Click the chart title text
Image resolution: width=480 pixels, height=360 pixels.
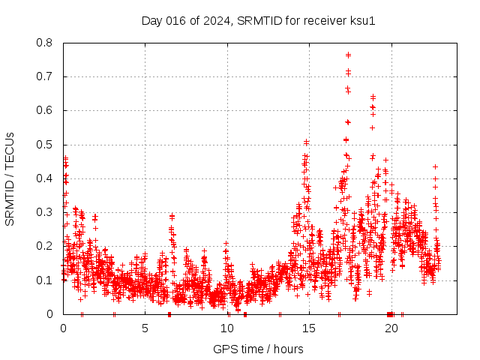tap(258, 20)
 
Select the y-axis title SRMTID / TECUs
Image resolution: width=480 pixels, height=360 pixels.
tap(10, 178)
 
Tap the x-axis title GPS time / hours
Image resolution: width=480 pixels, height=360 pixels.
tap(258, 349)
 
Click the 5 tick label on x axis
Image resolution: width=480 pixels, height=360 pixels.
tap(145, 328)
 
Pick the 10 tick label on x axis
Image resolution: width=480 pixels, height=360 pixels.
tap(227, 328)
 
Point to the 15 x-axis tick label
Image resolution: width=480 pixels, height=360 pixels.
tap(309, 328)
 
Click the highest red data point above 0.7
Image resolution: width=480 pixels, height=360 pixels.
tap(348, 55)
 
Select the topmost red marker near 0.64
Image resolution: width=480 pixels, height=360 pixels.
tap(373, 97)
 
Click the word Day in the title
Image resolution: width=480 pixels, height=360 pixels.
tap(152, 20)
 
